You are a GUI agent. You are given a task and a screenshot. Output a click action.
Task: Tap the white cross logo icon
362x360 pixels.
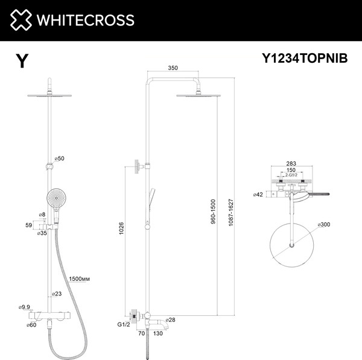coord(21,20)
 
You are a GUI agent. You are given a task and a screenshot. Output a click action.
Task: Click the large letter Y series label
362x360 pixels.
coord(22,61)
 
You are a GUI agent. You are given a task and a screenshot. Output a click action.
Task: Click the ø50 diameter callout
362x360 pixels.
coord(59,159)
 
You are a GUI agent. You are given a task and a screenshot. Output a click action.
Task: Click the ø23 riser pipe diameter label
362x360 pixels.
coord(57,294)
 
